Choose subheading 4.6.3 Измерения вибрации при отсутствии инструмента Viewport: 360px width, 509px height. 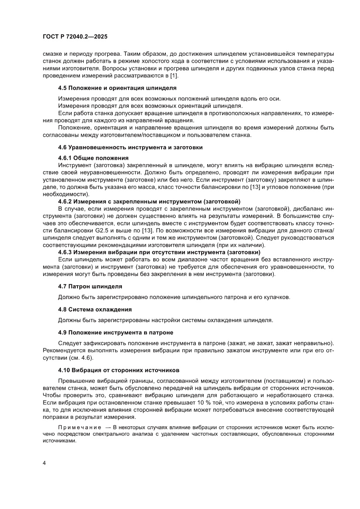[159, 252]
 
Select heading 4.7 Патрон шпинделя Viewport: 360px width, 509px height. [90, 287]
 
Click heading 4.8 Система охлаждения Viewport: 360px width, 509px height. [94, 310]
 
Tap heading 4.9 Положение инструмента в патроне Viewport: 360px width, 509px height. [114, 332]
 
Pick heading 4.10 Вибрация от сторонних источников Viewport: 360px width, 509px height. [118, 370]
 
